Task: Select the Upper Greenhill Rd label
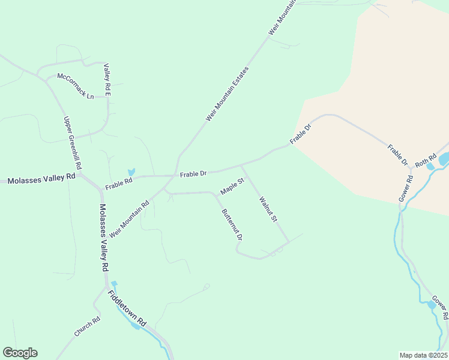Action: click(x=72, y=142)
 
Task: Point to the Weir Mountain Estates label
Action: click(x=227, y=94)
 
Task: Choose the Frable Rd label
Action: click(x=118, y=182)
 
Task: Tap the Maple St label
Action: click(x=232, y=187)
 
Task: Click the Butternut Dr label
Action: click(x=232, y=224)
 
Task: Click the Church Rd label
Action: click(x=87, y=326)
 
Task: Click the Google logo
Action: click(x=20, y=353)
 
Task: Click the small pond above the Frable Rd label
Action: click(x=131, y=172)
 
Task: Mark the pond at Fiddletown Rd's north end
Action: click(x=114, y=284)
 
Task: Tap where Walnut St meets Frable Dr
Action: click(x=241, y=165)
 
